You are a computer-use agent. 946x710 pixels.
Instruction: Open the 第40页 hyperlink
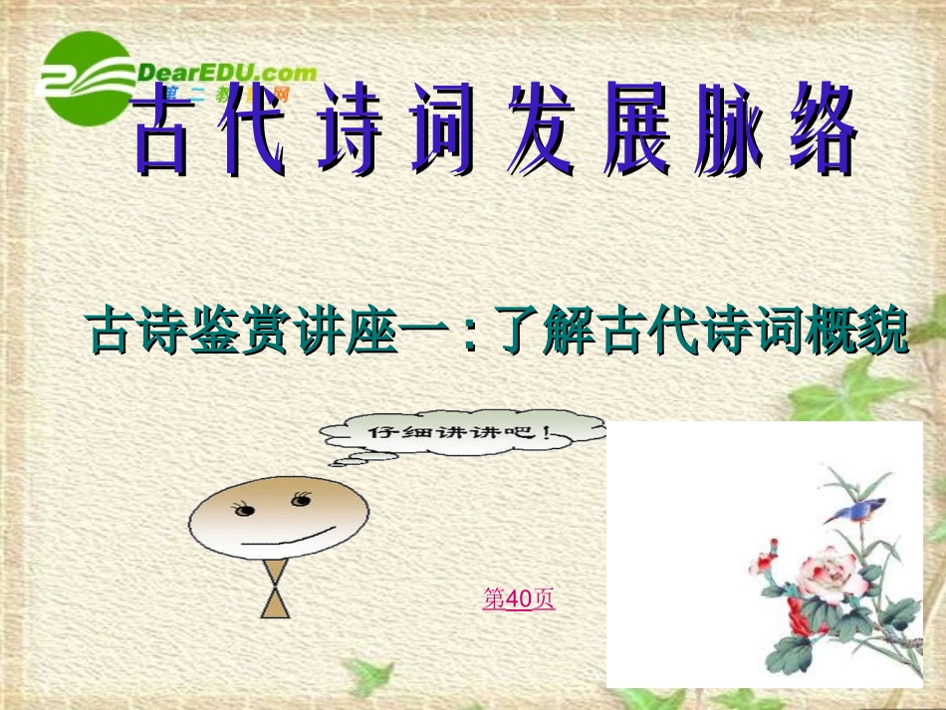point(518,598)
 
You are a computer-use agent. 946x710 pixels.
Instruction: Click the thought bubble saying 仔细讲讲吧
point(464,433)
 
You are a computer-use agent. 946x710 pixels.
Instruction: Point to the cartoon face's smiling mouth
point(289,544)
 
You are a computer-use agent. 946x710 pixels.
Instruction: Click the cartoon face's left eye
point(243,509)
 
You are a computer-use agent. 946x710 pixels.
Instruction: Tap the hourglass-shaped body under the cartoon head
point(276,589)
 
